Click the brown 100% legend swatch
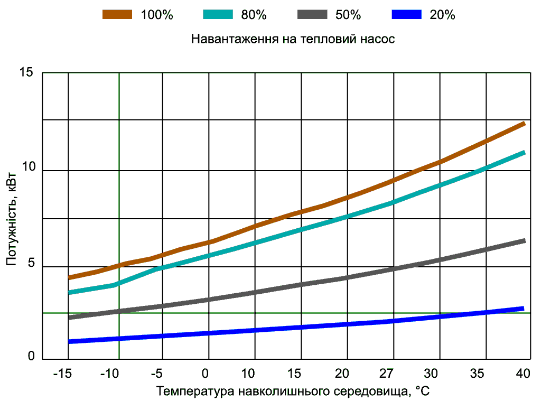pyautogui.click(x=117, y=15)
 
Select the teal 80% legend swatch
pyautogui.click(x=218, y=15)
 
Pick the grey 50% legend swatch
pyautogui.click(x=312, y=15)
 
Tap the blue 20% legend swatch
pyautogui.click(x=406, y=15)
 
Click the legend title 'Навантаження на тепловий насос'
pyautogui.click(x=293, y=40)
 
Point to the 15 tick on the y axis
pyautogui.click(x=27, y=72)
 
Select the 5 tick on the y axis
pyautogui.click(x=31, y=266)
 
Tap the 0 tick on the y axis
pyautogui.click(x=31, y=358)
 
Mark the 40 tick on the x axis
pyautogui.click(x=523, y=374)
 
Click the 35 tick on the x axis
pyautogui.click(x=478, y=374)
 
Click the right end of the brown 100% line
pyautogui.click(x=524, y=124)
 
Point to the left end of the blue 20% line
pyautogui.click(x=70, y=342)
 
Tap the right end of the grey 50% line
pyautogui.click(x=524, y=241)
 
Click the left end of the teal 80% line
pyautogui.click(x=70, y=292)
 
